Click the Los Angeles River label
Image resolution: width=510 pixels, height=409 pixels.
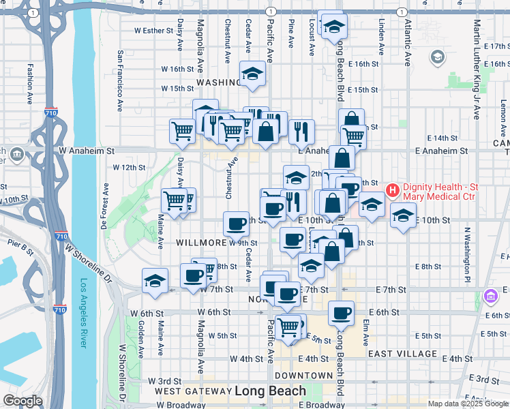[x=84, y=313]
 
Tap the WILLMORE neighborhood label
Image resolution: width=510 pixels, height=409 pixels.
[x=202, y=242]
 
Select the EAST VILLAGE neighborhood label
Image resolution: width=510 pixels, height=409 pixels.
[x=402, y=354]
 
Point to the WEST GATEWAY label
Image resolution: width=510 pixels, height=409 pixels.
[x=192, y=391]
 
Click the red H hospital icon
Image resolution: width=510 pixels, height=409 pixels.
[x=393, y=191]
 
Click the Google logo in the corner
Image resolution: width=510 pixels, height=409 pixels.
[x=22, y=401]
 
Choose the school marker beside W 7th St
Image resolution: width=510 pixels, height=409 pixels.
[x=155, y=279]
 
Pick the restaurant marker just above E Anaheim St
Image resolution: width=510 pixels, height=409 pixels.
[x=301, y=131]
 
